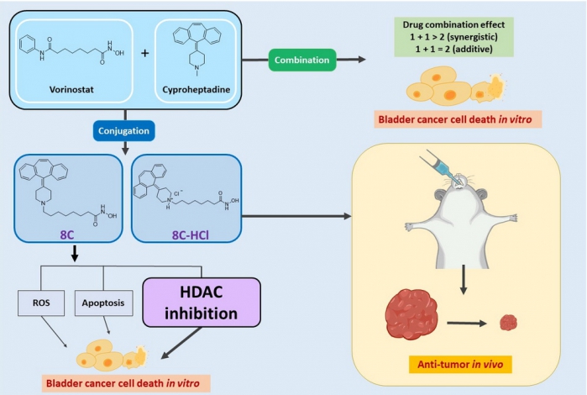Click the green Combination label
[302, 60]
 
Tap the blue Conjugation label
[123, 131]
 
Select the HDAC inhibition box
[202, 303]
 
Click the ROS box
[41, 303]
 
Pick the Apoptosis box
[103, 303]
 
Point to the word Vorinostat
[71, 90]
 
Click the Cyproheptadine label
[197, 90]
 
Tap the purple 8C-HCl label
[190, 235]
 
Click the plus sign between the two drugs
[145, 53]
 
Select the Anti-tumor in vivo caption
[460, 364]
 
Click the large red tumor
[411, 314]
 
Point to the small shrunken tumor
[508, 323]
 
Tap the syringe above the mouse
[442, 166]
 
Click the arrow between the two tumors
[466, 323]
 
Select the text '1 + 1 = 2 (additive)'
[453, 49]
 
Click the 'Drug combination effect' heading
[453, 24]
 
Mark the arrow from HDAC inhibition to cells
[181, 343]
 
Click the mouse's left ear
[441, 195]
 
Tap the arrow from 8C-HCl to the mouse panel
[296, 216]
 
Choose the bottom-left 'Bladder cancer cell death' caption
[123, 383]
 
